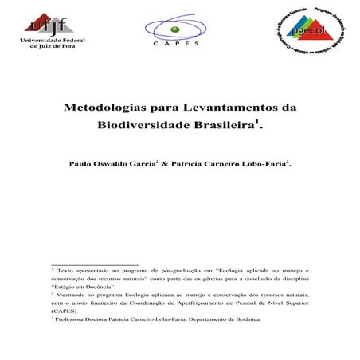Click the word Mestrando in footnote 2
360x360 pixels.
(x=76, y=295)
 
